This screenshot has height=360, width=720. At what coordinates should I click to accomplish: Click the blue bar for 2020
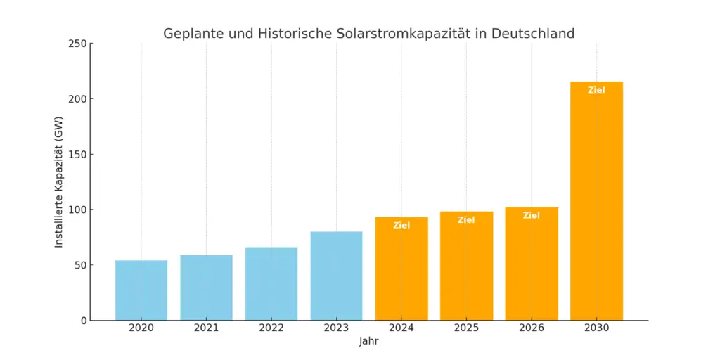point(141,290)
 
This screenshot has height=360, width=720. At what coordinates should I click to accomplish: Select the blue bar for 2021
point(206,288)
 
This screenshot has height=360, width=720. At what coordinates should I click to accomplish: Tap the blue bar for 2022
point(271,284)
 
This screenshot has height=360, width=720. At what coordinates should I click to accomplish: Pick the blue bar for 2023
point(336,276)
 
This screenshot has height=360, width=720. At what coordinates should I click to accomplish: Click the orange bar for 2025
point(466,267)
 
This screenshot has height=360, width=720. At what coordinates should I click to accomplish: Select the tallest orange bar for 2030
point(596,204)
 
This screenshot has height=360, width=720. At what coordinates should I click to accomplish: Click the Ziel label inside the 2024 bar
point(401,226)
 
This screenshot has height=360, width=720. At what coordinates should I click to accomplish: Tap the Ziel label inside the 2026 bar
point(532,216)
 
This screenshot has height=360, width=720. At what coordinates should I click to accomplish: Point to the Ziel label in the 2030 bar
point(596,90)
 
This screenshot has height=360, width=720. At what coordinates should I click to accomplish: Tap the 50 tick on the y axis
point(79,265)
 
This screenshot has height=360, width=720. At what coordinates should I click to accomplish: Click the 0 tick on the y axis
point(83,321)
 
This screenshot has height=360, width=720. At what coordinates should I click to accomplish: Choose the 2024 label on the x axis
point(401,328)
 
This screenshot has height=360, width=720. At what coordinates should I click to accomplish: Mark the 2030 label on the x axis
point(596,328)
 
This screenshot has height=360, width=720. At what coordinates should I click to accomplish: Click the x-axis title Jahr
point(369,341)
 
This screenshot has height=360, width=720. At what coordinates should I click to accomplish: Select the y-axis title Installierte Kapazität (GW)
point(59,181)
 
